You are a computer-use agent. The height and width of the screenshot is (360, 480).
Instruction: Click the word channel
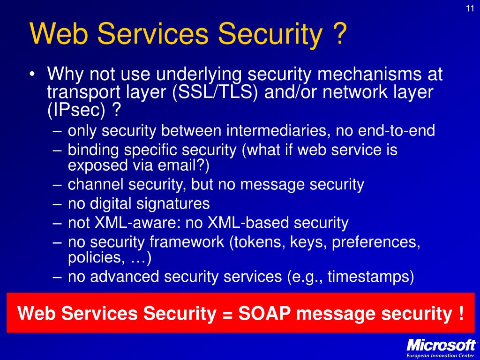[x=95, y=185]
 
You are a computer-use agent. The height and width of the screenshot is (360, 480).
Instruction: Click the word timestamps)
[x=371, y=277]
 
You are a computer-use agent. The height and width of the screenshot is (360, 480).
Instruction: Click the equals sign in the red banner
[x=226, y=314]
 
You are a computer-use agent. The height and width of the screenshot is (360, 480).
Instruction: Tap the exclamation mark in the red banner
[x=461, y=313]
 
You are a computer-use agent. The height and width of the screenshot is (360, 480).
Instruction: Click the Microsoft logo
[x=441, y=345]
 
